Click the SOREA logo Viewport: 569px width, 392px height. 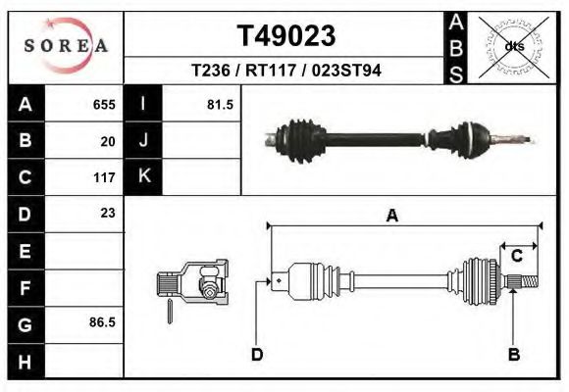click(67, 46)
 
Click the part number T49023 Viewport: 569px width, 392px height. click(286, 35)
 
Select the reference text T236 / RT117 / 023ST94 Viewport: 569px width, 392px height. click(286, 72)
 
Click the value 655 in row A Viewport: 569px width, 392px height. click(104, 104)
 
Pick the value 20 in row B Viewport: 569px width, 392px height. click(108, 141)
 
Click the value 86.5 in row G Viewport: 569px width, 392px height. click(102, 321)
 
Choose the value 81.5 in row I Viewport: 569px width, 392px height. click(220, 104)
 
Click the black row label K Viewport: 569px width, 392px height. click(143, 177)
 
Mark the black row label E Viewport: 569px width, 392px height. click(26, 251)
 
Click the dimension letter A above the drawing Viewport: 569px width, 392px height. click(392, 217)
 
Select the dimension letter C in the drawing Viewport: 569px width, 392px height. click(516, 257)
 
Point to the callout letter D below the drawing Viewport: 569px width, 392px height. click(257, 354)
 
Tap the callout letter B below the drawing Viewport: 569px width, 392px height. click(512, 354)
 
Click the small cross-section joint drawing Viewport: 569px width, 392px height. click(194, 284)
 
